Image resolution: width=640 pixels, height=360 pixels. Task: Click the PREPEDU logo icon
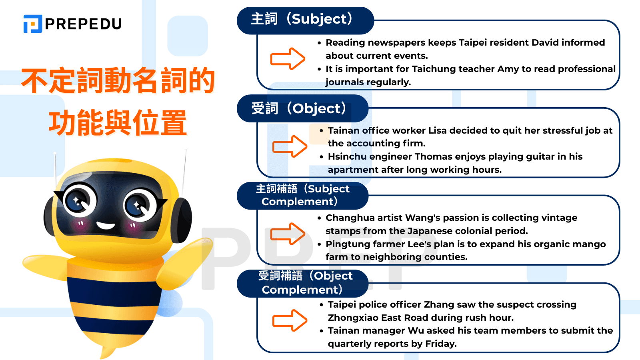pyautogui.click(x=32, y=24)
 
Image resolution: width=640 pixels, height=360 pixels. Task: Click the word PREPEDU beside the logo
pyautogui.click(x=84, y=24)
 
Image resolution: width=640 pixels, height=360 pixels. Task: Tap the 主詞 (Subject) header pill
pyautogui.click(x=305, y=20)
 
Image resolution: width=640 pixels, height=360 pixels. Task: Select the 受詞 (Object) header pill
pyautogui.click(x=302, y=108)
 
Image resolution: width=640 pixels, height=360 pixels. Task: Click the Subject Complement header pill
pyautogui.click(x=302, y=196)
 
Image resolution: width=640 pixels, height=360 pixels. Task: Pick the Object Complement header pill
pyautogui.click(x=302, y=284)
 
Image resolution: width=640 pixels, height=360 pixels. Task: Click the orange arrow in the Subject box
pyautogui.click(x=288, y=58)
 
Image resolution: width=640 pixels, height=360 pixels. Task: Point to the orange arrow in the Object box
pyautogui.click(x=290, y=146)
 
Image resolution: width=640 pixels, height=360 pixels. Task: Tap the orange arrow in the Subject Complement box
pyautogui.click(x=288, y=234)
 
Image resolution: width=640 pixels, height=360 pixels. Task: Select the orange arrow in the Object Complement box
pyautogui.click(x=290, y=320)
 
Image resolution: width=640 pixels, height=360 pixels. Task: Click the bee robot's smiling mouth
pyautogui.click(x=106, y=226)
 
